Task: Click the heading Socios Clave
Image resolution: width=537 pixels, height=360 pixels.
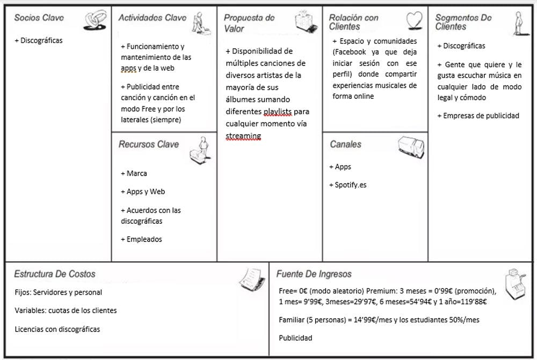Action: [39, 18]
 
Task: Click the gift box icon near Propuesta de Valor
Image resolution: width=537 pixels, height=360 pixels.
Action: [306, 22]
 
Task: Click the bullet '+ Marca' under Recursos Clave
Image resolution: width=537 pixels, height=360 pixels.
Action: [134, 173]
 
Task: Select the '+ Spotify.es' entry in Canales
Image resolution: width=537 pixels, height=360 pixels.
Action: [347, 185]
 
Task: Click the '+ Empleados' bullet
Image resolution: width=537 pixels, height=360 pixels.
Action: [141, 239]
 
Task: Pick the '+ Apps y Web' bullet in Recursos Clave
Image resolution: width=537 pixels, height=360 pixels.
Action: [142, 192]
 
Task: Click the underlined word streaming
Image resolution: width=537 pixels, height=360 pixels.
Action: [243, 136]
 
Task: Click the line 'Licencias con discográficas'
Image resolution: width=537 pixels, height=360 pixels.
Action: [57, 329]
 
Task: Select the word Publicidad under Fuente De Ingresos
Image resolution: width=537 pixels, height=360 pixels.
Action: [295, 338]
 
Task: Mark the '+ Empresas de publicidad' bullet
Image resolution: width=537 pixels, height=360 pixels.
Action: [478, 115]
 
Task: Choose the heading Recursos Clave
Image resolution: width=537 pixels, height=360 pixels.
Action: [149, 144]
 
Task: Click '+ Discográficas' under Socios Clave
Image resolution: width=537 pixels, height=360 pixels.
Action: [39, 41]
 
